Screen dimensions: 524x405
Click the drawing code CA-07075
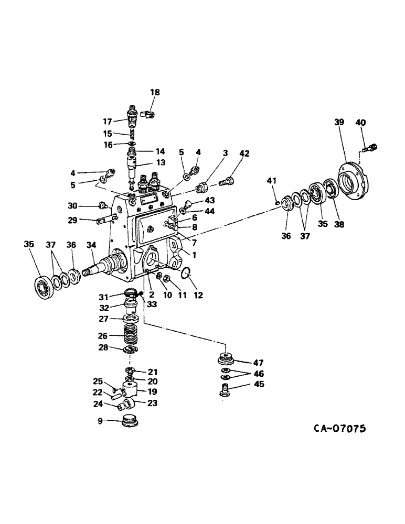click(x=339, y=429)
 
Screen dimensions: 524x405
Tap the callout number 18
click(x=155, y=92)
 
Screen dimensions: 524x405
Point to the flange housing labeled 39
click(x=350, y=181)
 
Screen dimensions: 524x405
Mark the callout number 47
click(x=258, y=363)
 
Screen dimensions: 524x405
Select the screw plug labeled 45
click(x=225, y=391)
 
